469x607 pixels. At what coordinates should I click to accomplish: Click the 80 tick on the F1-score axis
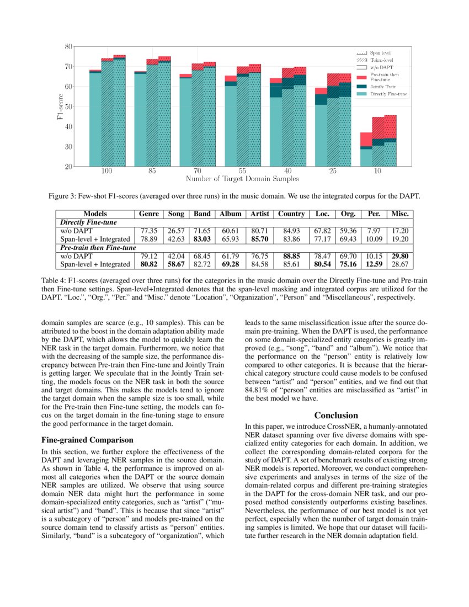tap(68, 46)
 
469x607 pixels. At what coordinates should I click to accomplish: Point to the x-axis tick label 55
tap(242, 172)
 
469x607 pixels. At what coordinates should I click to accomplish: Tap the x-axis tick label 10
tap(377, 172)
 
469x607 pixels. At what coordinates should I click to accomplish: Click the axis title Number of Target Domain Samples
tap(242, 179)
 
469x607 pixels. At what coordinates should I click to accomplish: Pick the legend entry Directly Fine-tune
tap(388, 94)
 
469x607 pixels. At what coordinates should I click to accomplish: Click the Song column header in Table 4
tap(175, 214)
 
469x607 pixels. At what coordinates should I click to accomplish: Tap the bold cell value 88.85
tap(291, 256)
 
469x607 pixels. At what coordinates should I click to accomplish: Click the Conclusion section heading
tap(336, 415)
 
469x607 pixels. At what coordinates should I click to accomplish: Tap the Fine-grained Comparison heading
tap(87, 440)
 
